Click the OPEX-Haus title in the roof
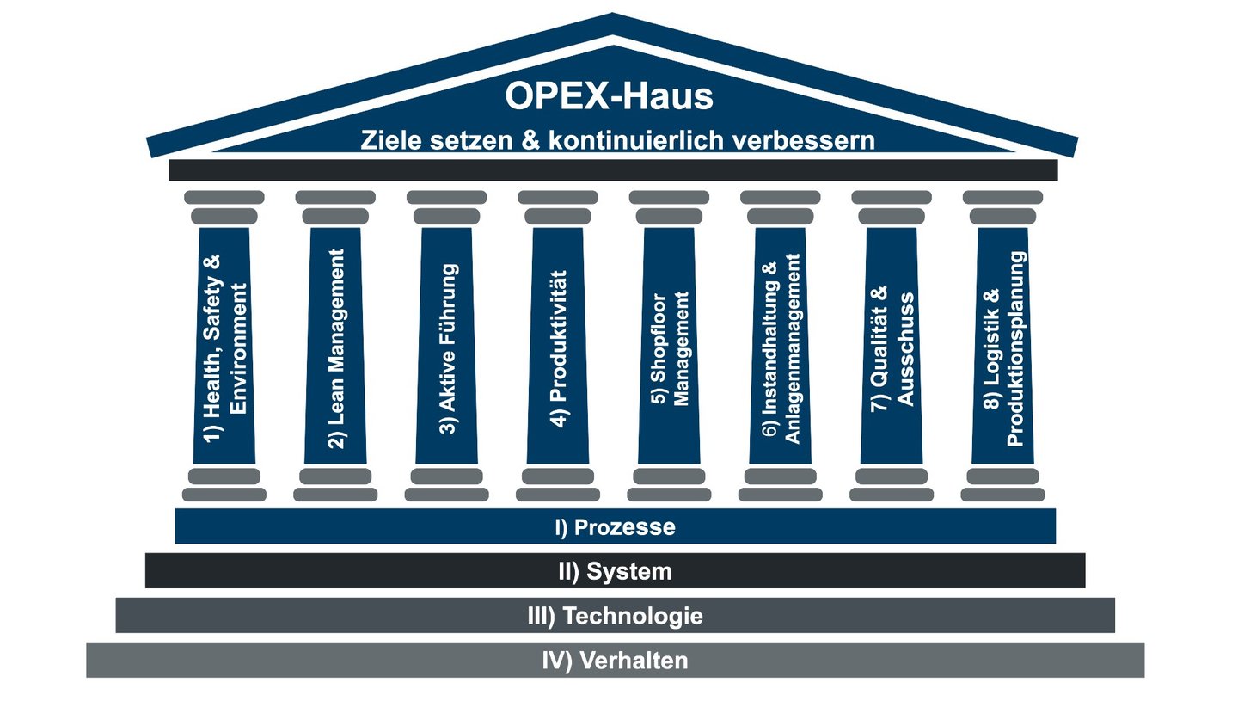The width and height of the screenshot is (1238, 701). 609,96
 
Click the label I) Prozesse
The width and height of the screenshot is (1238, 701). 615,526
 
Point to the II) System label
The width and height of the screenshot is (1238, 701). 615,571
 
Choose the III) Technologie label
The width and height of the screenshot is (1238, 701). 615,616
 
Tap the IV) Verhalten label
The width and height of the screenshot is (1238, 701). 615,661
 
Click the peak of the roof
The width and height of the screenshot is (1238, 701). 612,17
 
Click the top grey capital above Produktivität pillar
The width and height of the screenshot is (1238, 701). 558,197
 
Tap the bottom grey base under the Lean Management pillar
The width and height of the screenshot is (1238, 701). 335,495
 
